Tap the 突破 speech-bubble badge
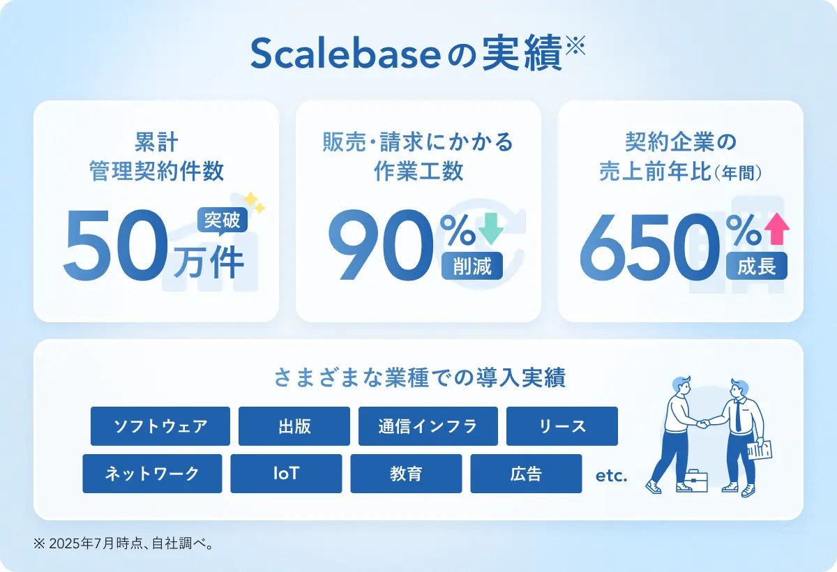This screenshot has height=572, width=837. [223, 220]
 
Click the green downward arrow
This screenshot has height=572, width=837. [491, 228]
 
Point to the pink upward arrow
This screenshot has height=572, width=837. [777, 229]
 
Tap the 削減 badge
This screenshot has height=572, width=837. [472, 266]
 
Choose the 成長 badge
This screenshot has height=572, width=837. [757, 266]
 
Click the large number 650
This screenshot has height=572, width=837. [649, 246]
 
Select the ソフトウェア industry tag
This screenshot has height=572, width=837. [160, 426]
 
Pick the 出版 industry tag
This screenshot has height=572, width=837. [294, 426]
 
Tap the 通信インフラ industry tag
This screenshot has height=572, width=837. [428, 426]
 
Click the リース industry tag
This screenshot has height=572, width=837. [562, 426]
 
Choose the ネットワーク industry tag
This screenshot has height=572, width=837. [152, 474]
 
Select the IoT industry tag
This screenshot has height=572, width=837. [286, 474]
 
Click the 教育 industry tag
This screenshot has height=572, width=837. [406, 474]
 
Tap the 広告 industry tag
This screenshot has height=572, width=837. [526, 474]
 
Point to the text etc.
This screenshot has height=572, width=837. [611, 476]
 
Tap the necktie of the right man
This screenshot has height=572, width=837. [738, 416]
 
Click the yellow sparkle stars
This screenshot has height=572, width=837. [254, 202]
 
